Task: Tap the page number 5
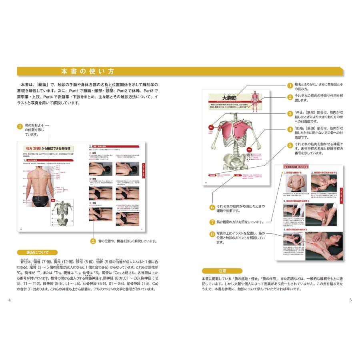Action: (x=350, y=300)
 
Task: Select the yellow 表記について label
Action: (x=37, y=252)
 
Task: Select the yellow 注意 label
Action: (x=222, y=271)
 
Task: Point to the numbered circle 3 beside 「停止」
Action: (x=290, y=113)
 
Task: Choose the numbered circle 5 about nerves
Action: (x=290, y=146)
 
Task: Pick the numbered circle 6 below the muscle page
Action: (x=212, y=207)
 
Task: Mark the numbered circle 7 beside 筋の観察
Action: (x=212, y=222)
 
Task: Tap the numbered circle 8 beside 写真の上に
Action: (x=212, y=234)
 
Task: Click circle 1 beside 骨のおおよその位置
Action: (x=20, y=126)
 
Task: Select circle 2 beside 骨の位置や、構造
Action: (x=93, y=241)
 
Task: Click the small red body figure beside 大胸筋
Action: (x=254, y=102)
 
